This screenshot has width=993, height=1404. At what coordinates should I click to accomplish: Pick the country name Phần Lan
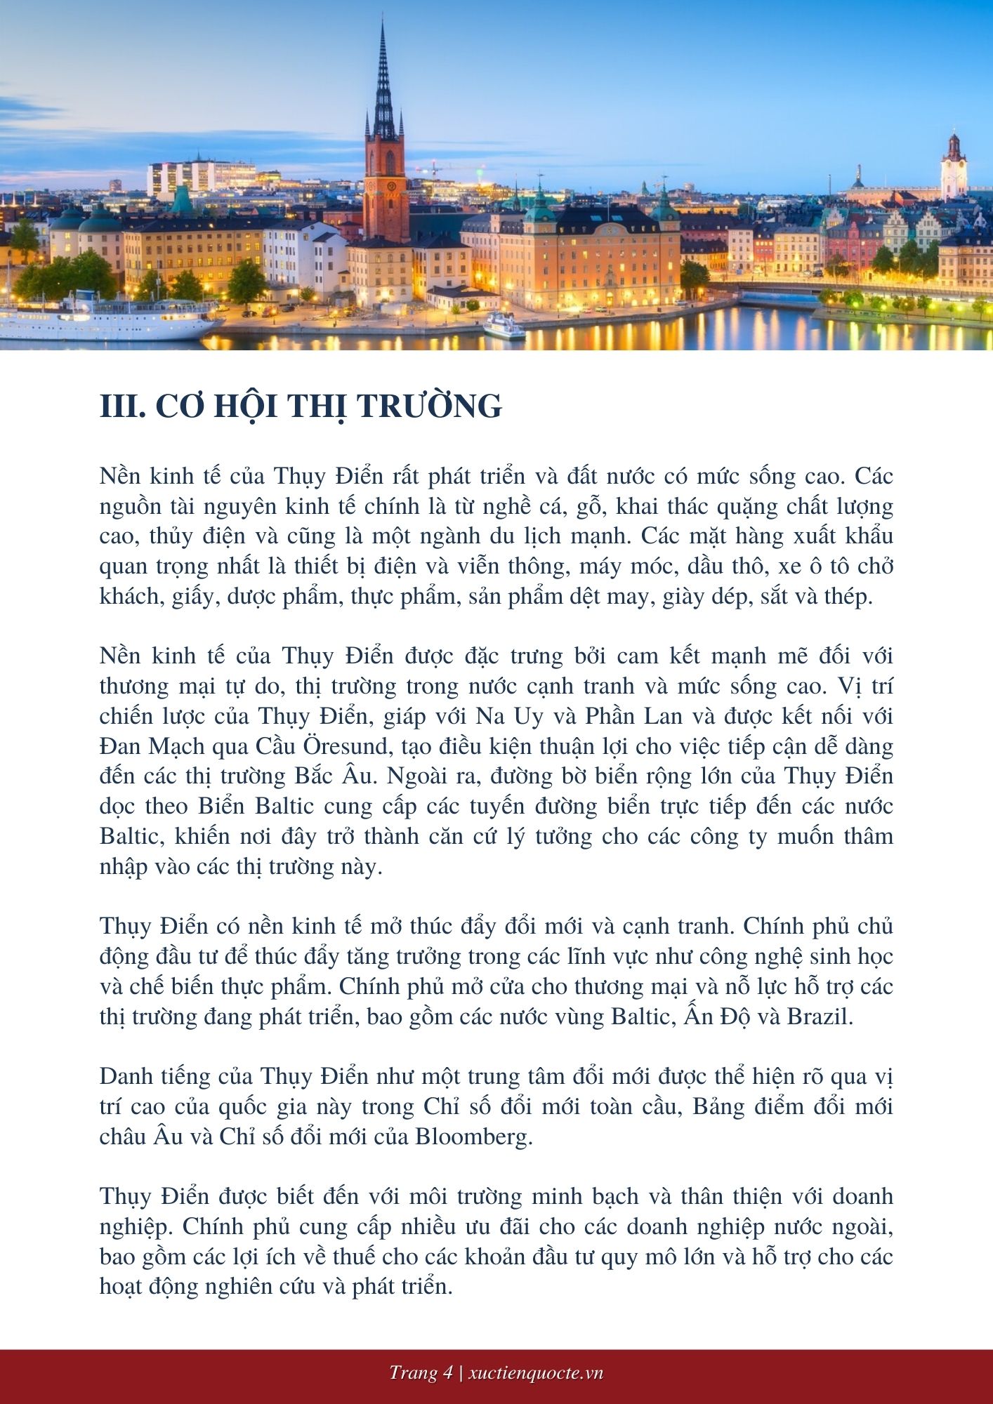(624, 715)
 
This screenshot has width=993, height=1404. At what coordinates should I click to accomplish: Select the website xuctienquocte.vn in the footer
(536, 1373)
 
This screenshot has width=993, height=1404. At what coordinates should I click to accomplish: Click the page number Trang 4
(421, 1373)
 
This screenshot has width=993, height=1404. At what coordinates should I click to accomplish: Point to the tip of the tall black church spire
(383, 22)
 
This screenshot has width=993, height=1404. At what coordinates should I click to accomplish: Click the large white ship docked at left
(105, 319)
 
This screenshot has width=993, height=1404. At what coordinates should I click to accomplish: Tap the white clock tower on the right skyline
(954, 168)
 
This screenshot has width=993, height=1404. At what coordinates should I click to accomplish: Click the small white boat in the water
(504, 326)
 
